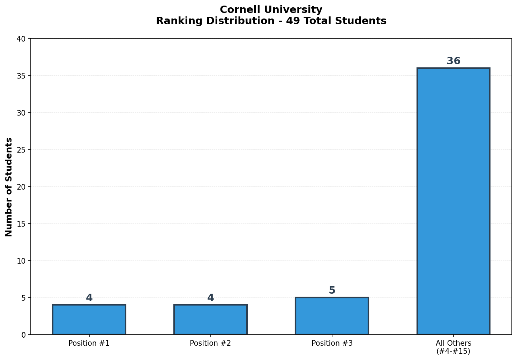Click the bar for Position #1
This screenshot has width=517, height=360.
[89, 319]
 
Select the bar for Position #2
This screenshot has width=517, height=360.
[210, 319]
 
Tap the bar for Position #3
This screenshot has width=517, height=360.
[332, 316]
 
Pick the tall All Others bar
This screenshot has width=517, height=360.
[453, 201]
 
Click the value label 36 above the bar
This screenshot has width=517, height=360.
[453, 61]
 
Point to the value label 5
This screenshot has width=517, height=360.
[332, 291]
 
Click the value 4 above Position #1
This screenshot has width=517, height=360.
[89, 298]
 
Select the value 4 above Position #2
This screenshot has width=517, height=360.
[210, 298]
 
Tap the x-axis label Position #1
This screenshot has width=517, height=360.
[89, 343]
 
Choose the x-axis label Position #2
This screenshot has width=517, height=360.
[210, 343]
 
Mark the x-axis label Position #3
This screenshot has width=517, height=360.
[332, 343]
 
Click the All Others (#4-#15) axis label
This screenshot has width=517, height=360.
[453, 347]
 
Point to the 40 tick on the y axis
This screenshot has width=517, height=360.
[22, 39]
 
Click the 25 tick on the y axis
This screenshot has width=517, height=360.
[22, 150]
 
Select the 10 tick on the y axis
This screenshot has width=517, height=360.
[22, 261]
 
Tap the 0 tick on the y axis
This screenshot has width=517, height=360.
[24, 335]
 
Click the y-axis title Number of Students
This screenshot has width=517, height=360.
[9, 187]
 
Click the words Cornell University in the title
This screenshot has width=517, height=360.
[271, 10]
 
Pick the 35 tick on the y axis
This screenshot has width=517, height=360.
[22, 76]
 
